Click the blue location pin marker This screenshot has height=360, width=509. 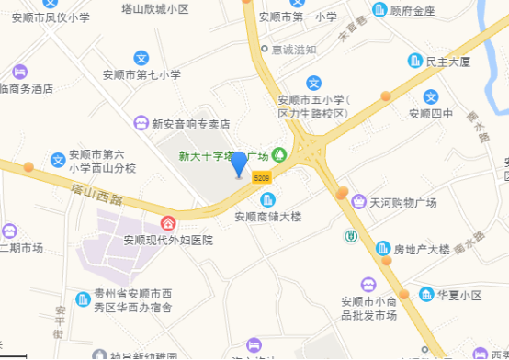[239, 164]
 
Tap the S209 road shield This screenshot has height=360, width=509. [262, 177]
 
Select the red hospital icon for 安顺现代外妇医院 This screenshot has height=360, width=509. [169, 222]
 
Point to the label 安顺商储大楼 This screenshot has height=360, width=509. [268, 218]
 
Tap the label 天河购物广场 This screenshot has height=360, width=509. [402, 202]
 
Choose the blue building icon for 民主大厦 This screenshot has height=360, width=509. [415, 62]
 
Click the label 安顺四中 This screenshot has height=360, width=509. [431, 114]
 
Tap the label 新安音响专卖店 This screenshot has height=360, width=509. [196, 124]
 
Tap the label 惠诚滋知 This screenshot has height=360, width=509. [294, 50]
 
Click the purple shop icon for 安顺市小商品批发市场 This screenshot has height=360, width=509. [368, 285]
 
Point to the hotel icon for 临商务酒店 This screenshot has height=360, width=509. [19, 71]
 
